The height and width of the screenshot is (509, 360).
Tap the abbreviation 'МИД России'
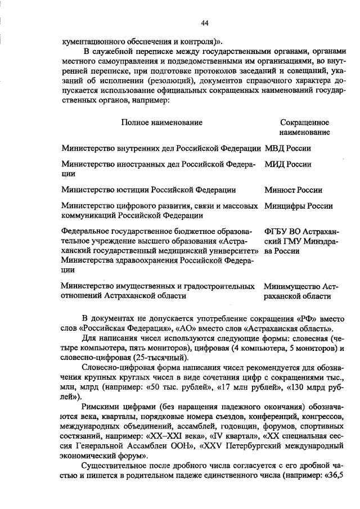[x=287, y=165]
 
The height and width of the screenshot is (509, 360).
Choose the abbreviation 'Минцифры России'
[x=298, y=206]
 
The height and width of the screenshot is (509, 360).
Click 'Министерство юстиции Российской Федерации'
[x=148, y=190]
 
